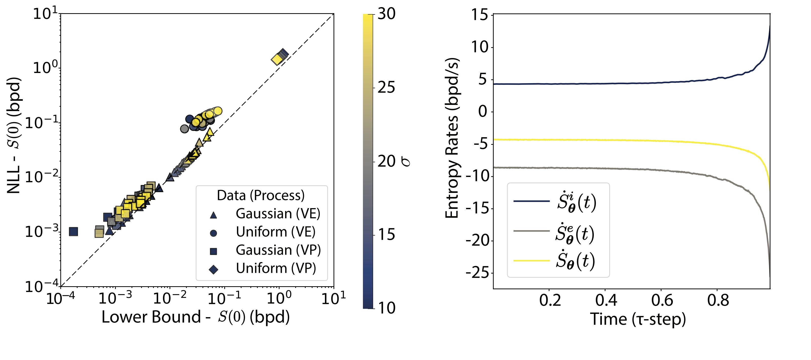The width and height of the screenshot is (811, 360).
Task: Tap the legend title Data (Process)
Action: (x=261, y=195)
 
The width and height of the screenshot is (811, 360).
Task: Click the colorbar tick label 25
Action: (x=386, y=87)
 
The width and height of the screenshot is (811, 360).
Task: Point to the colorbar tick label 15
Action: (x=386, y=235)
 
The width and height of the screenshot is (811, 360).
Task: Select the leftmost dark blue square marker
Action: (x=73, y=231)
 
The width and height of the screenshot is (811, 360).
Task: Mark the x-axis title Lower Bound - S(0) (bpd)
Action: (x=195, y=317)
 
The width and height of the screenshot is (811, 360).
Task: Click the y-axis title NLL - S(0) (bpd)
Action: (x=14, y=135)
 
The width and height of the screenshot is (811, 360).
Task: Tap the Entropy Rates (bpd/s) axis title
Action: (x=452, y=138)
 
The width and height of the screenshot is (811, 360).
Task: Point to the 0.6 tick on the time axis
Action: (x=662, y=300)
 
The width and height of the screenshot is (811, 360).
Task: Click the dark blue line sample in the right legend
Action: (x=531, y=201)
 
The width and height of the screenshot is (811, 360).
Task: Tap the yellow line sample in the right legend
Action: (x=531, y=260)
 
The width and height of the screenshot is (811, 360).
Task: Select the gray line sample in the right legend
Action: (x=531, y=231)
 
